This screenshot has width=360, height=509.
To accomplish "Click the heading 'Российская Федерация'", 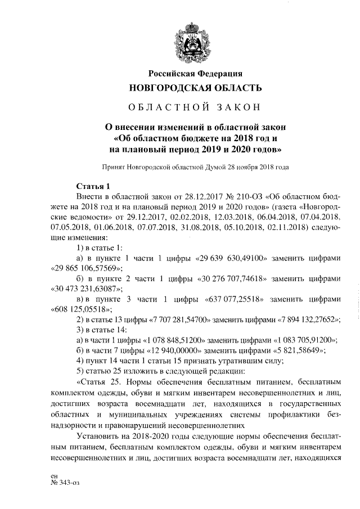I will point(195,73).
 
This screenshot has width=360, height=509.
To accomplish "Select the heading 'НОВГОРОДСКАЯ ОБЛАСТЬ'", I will point(195,88).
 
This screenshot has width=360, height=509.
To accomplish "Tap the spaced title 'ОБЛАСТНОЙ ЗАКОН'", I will point(195,107).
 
